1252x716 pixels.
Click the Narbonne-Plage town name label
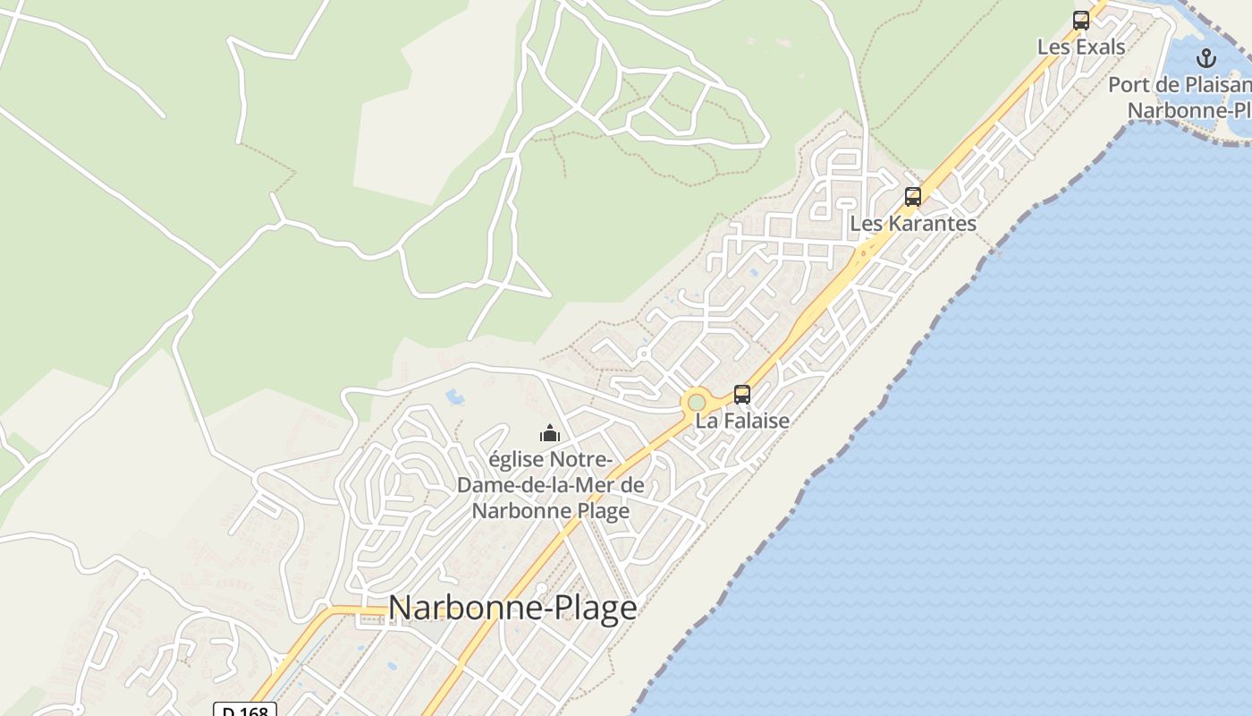click(512, 609)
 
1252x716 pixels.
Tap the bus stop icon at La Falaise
click(742, 394)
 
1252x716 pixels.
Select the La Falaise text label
click(742, 421)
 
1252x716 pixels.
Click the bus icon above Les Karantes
click(912, 197)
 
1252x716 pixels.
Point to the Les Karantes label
click(913, 224)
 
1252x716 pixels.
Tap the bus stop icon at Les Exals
click(1081, 21)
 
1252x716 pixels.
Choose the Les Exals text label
click(1081, 47)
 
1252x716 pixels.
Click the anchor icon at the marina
click(1206, 59)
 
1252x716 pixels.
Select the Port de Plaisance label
click(1180, 85)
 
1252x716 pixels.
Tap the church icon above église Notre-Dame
click(549, 434)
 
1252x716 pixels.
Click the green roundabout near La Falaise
click(697, 403)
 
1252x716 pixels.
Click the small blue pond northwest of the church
click(454, 395)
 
